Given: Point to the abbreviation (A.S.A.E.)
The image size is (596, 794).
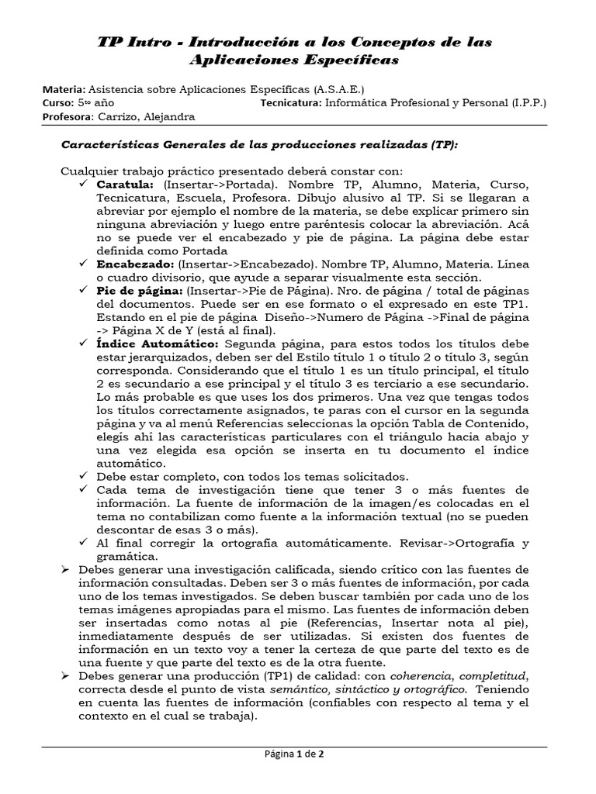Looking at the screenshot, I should [339, 89].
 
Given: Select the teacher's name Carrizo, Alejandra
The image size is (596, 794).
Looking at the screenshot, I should [146, 117].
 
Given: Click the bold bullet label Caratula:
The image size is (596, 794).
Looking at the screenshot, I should [125, 186].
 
